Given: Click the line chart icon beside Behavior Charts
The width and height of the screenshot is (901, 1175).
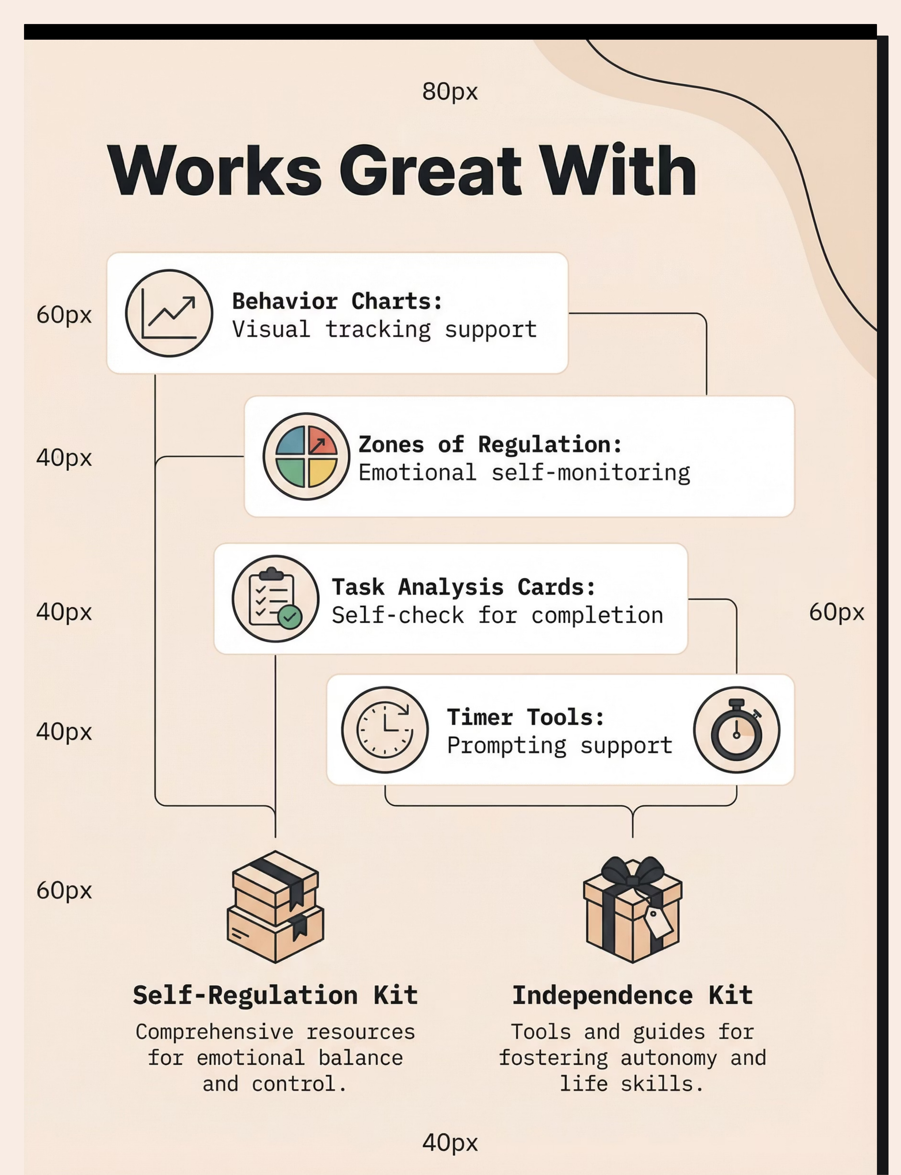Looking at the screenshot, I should click(x=169, y=313).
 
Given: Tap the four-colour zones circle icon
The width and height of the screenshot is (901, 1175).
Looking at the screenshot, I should click(x=306, y=457).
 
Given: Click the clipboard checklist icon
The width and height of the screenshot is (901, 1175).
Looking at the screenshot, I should click(x=275, y=599).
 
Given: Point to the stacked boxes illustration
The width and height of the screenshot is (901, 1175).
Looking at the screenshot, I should click(x=276, y=907).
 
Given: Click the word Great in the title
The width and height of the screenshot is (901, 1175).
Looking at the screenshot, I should click(x=430, y=171).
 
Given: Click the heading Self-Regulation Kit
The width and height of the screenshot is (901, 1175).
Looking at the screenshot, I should click(x=275, y=995).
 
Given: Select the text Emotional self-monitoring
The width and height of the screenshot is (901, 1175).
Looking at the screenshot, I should click(x=524, y=473).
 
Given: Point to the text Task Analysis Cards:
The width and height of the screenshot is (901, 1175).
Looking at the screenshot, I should click(x=463, y=587).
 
